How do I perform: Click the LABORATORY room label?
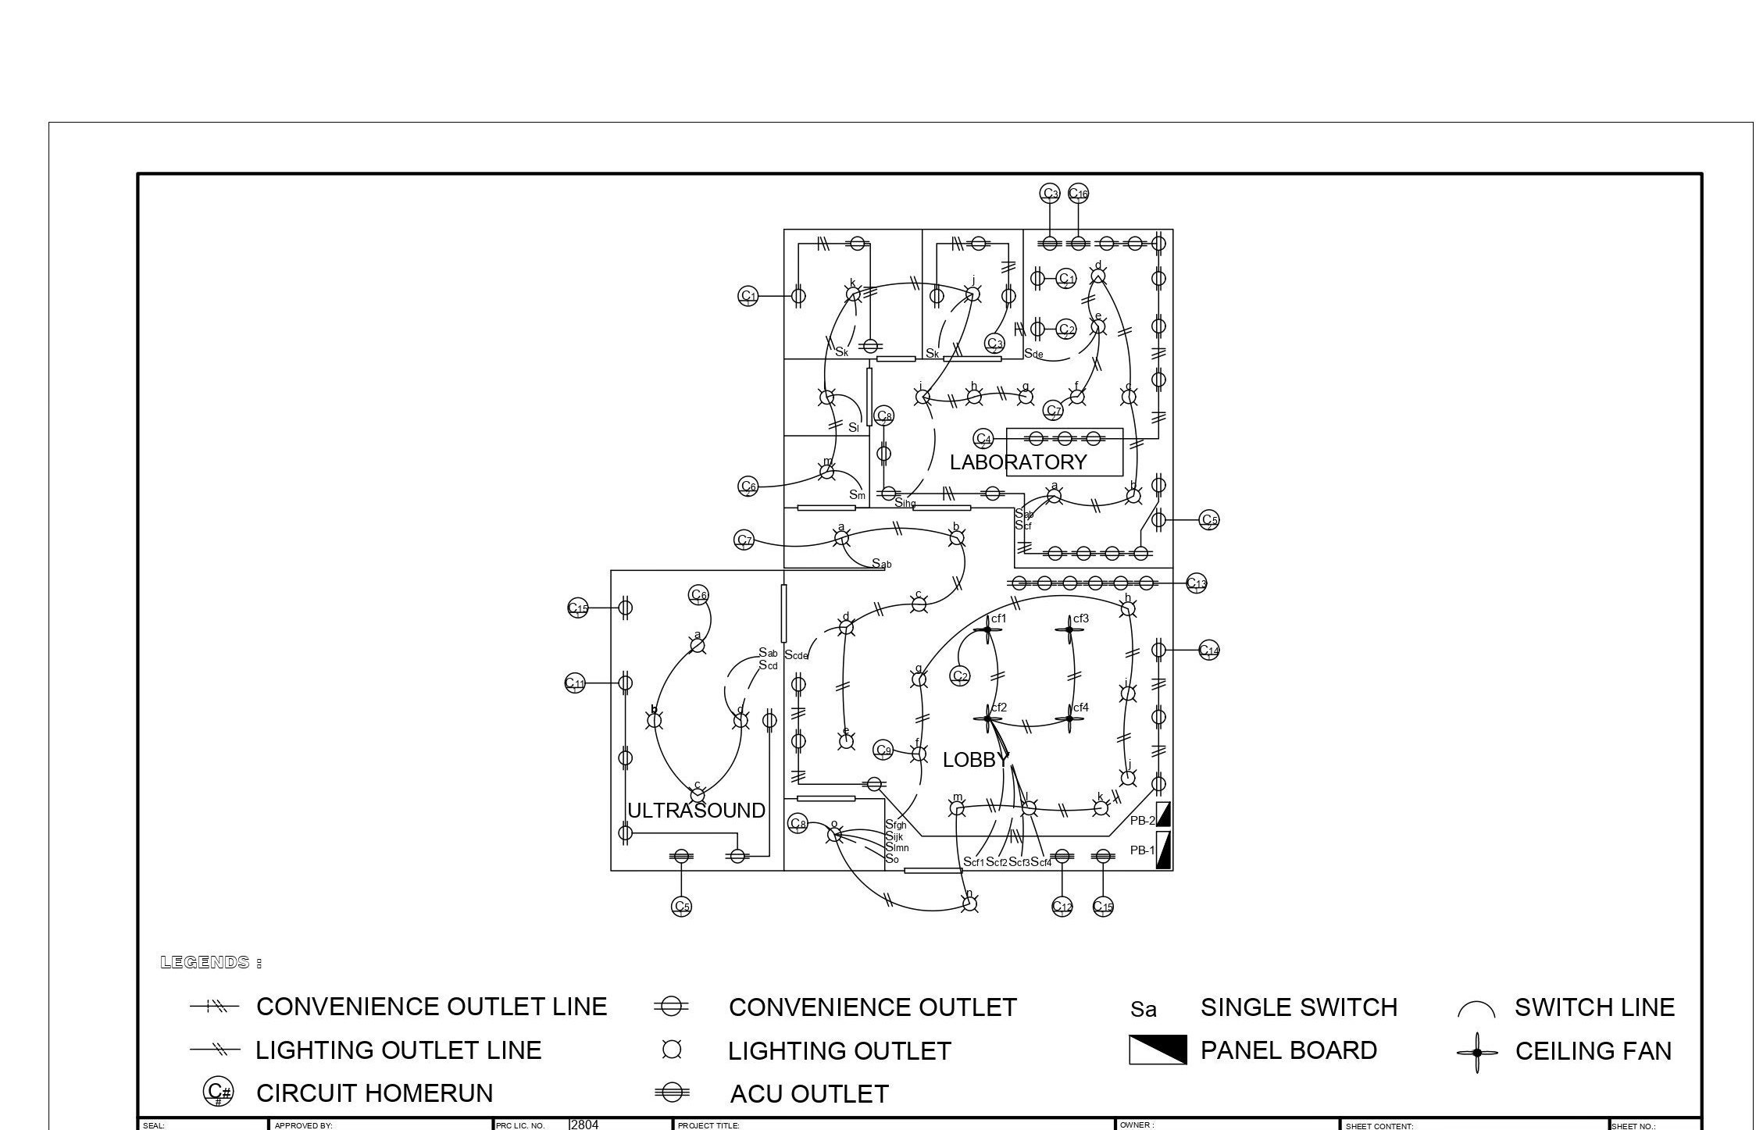[x=1018, y=462]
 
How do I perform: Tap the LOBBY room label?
[x=975, y=760]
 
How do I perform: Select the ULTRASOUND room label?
[x=696, y=811]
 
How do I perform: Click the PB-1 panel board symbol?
[x=1163, y=850]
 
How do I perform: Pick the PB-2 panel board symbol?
[x=1163, y=815]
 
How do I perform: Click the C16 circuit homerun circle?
[x=1078, y=193]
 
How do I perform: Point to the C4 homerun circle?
[x=983, y=439]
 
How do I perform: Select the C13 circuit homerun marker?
[x=1196, y=583]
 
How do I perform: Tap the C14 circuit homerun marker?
[x=1208, y=650]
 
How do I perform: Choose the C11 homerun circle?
[x=575, y=683]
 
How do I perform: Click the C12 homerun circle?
[x=1062, y=906]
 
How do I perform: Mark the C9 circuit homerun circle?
[x=883, y=750]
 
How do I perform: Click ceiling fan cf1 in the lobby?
[x=987, y=629]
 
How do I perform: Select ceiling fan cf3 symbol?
[x=1069, y=629]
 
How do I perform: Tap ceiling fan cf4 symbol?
[x=1069, y=718]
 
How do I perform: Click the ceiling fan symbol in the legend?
[x=1476, y=1052]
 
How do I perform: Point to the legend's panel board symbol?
[x=1158, y=1050]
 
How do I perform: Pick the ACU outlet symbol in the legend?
[x=671, y=1093]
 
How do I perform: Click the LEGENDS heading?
[x=210, y=962]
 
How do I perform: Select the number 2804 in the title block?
[x=584, y=1125]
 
